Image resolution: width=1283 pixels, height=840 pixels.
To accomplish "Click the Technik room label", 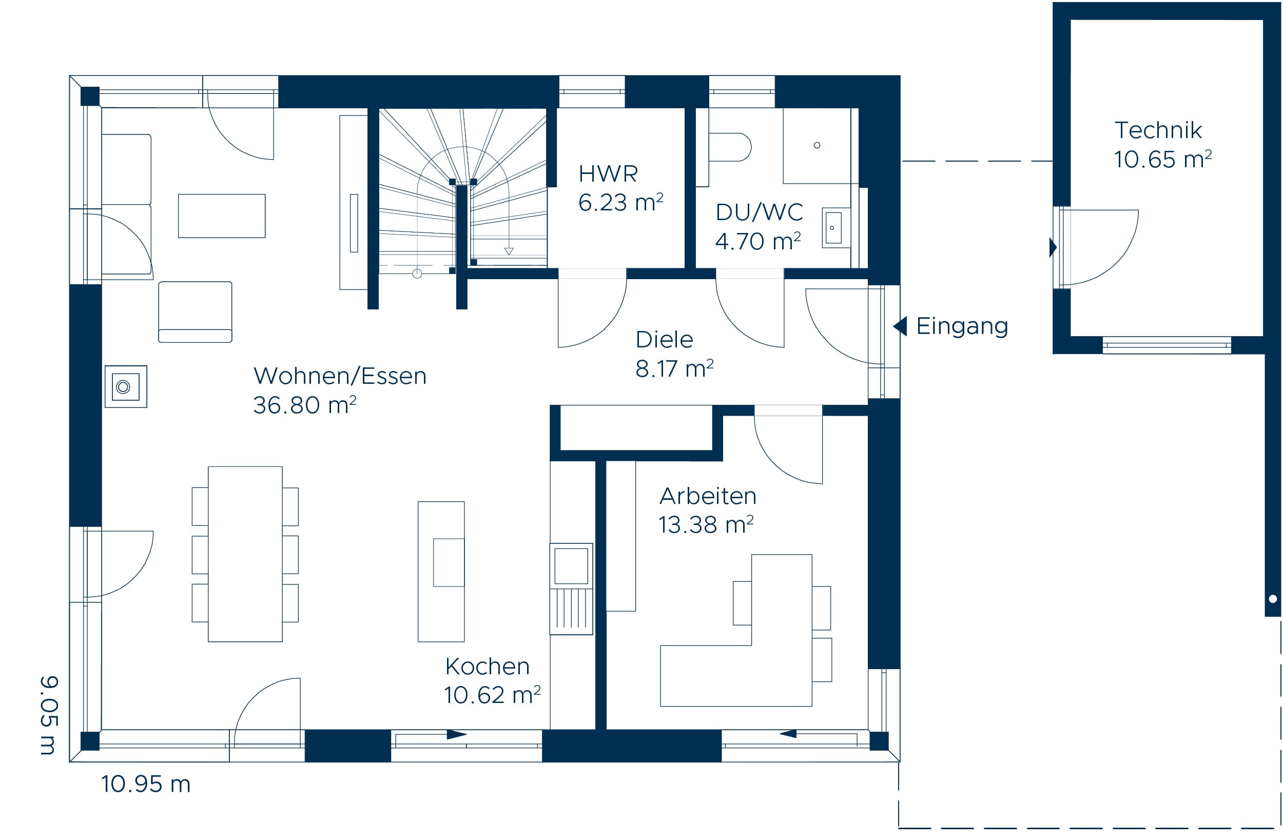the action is click(x=1158, y=130).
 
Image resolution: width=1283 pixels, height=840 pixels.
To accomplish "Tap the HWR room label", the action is click(x=608, y=174).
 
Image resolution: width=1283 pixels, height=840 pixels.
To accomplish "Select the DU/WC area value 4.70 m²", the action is click(x=757, y=241).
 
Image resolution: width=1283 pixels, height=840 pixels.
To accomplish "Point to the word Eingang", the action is click(x=962, y=327).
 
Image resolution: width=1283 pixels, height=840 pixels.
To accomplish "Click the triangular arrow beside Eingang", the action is click(x=900, y=326).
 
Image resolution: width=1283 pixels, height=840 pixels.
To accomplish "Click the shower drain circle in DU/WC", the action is click(x=817, y=145).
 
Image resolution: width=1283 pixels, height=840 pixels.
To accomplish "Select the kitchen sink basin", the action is click(x=571, y=565).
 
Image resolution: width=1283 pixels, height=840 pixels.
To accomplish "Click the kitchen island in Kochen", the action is click(x=441, y=572).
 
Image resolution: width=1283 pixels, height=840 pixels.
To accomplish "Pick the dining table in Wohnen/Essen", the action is click(x=245, y=554).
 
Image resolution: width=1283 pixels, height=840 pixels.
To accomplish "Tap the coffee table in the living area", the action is click(x=222, y=216).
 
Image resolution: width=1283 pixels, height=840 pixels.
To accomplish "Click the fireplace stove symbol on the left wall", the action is click(x=126, y=386).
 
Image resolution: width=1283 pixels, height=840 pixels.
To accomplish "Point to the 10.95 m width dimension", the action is click(x=146, y=785).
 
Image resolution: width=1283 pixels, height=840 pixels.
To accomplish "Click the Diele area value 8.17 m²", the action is click(x=674, y=369).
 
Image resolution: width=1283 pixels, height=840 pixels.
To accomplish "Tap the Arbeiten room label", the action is click(x=708, y=496).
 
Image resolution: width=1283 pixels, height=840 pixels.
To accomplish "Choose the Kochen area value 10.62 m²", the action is click(x=492, y=695).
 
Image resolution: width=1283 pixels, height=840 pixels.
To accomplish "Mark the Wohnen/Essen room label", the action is click(x=340, y=376).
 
